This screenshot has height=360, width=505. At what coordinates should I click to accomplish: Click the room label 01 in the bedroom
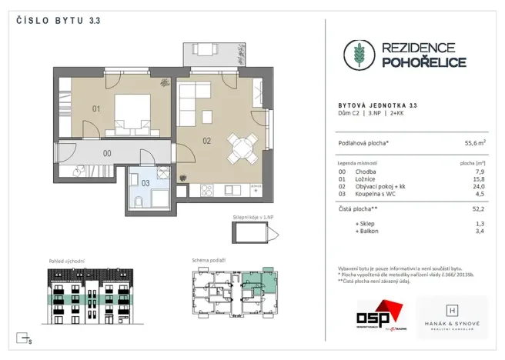click(x=96, y=109)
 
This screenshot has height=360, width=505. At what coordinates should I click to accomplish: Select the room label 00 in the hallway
click(x=107, y=153)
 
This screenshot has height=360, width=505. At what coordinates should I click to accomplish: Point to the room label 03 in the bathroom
click(x=145, y=182)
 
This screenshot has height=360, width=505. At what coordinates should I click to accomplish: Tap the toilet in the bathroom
click(x=136, y=202)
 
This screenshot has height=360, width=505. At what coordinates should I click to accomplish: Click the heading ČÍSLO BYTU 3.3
click(x=54, y=21)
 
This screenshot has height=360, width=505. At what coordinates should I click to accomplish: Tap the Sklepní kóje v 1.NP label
click(x=252, y=218)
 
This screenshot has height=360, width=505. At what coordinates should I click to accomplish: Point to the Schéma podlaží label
click(x=209, y=261)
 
